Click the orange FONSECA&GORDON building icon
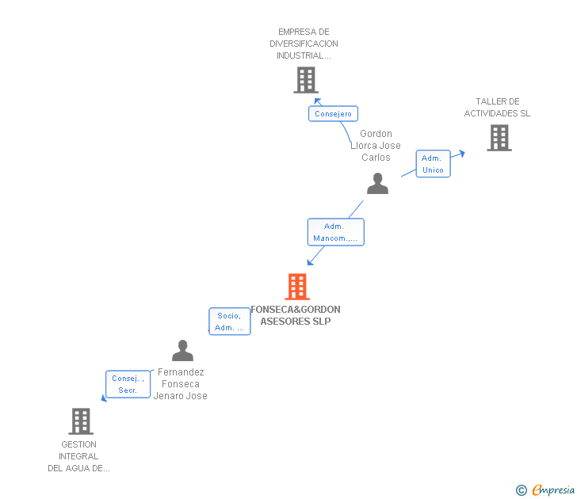297,287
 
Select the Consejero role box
333,114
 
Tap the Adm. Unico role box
433,164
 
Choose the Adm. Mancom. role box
335,232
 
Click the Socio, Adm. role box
229,322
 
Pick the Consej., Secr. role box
128,384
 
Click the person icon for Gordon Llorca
378,184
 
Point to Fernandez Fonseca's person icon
183,351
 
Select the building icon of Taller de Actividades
499,138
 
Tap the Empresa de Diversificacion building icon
306,80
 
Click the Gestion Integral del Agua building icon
81,421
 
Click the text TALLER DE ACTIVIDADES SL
497,108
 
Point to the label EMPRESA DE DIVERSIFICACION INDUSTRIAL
304,44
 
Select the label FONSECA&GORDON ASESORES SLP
296,315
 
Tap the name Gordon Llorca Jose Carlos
376,146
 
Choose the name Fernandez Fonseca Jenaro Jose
181,384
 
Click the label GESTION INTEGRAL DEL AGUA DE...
78,456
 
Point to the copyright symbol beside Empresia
521,491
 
